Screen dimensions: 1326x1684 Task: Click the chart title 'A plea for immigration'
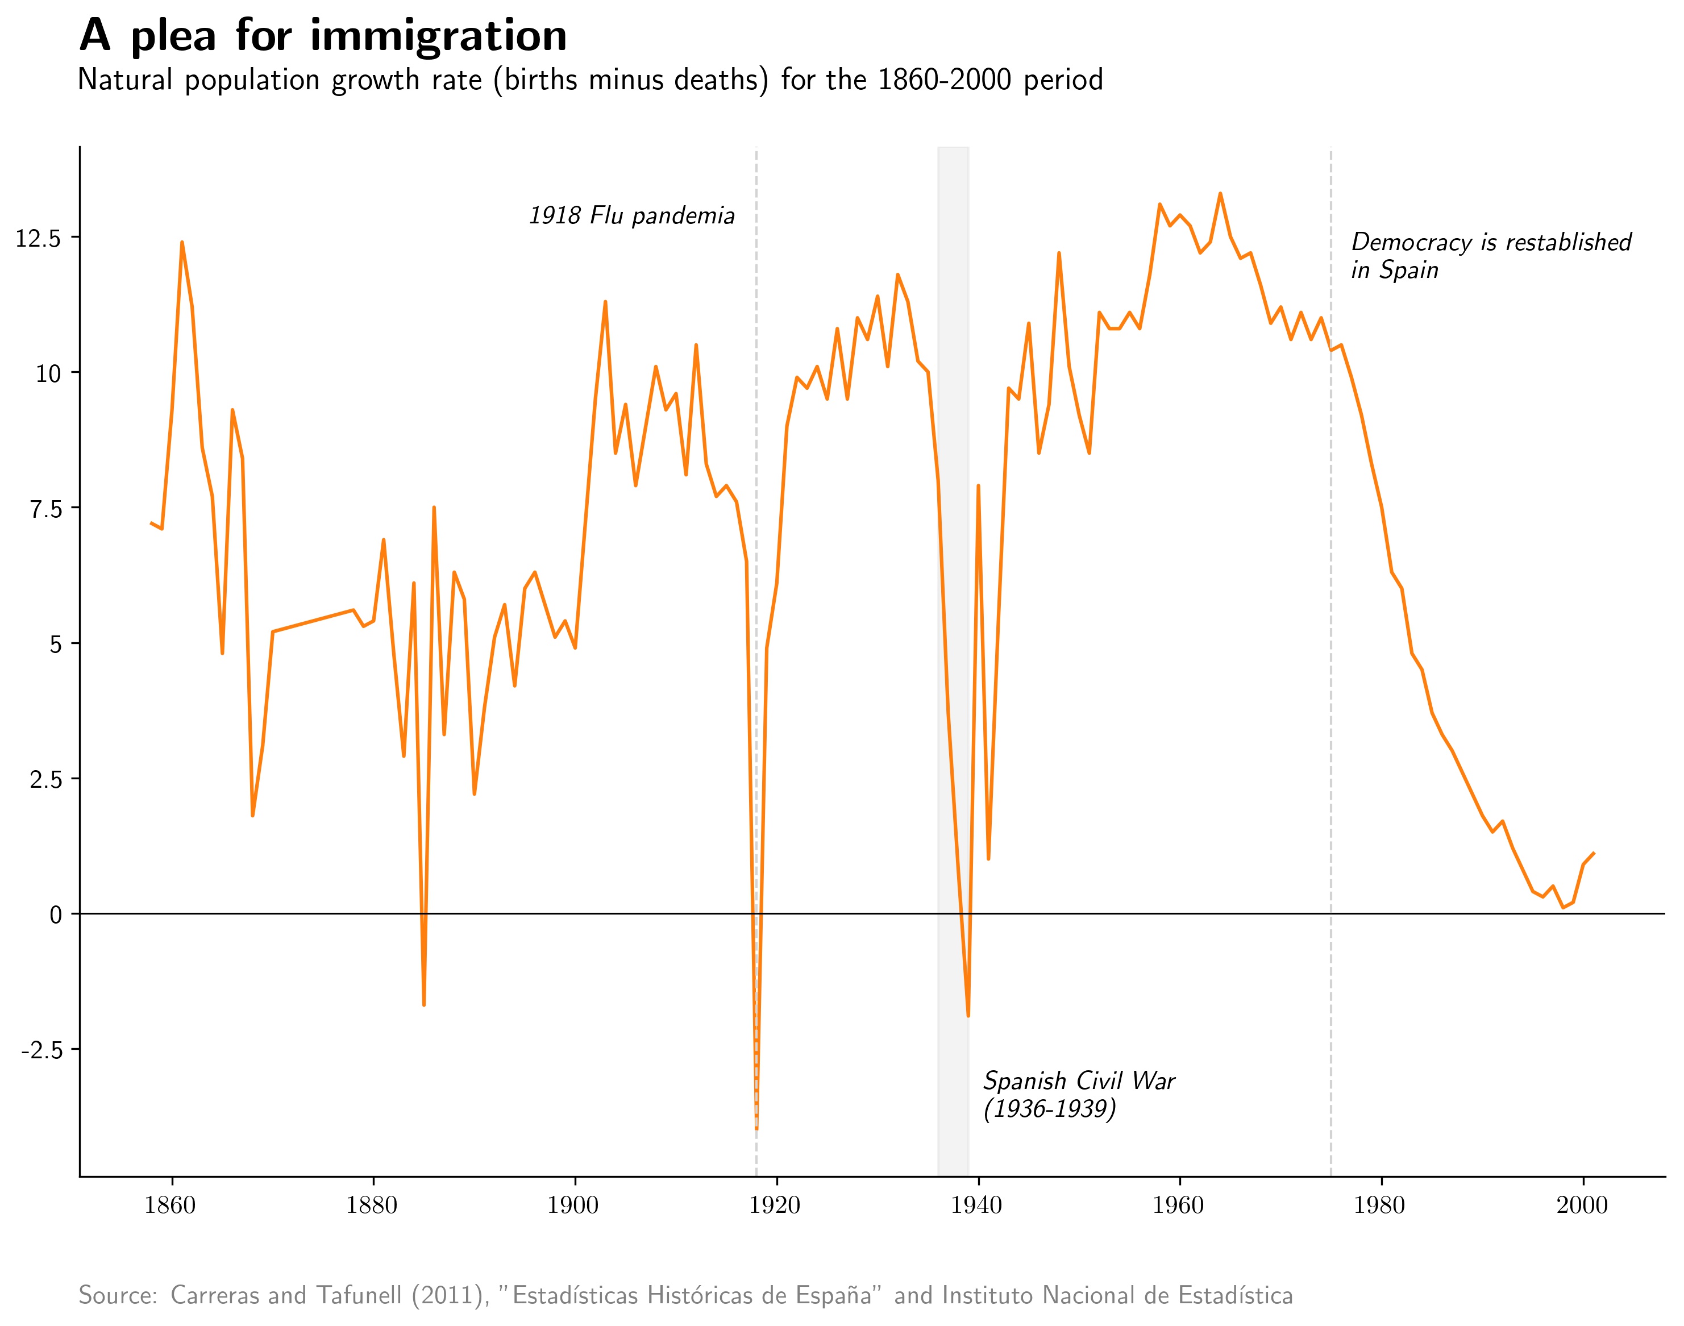pyautogui.click(x=323, y=36)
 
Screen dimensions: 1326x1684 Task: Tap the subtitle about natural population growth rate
pyautogui.click(x=590, y=80)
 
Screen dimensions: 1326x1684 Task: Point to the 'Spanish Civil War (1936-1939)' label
pyautogui.click(x=1078, y=1095)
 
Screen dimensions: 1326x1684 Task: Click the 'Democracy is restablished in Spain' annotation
pyautogui.click(x=1491, y=255)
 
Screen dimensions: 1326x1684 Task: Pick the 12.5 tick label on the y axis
pyautogui.click(x=38, y=238)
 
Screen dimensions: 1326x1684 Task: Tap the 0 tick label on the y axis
pyautogui.click(x=55, y=915)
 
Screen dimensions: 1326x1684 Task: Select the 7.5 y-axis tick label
pyautogui.click(x=45, y=509)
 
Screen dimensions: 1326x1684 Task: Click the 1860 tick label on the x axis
pyautogui.click(x=170, y=1206)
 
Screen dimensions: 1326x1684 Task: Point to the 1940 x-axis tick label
pyautogui.click(x=977, y=1206)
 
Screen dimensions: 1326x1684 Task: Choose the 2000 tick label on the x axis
pyautogui.click(x=1582, y=1206)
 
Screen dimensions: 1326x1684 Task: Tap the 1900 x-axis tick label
pyautogui.click(x=573, y=1206)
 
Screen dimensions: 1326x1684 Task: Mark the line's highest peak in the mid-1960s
pyautogui.click(x=1220, y=193)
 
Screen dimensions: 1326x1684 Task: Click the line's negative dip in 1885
pyautogui.click(x=424, y=1005)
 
